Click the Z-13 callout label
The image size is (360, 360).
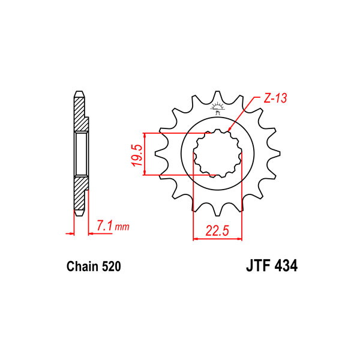coord(275,98)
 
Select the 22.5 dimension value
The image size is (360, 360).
coord(217,230)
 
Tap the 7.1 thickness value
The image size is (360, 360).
coord(104,225)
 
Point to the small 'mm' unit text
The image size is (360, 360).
coord(122,227)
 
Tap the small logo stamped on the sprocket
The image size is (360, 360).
coord(217,108)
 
